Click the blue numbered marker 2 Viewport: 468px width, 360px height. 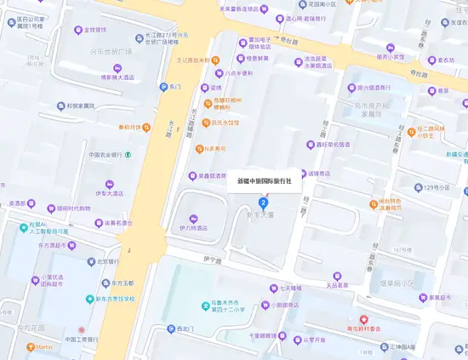[x=263, y=202]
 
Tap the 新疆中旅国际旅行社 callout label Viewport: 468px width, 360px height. [x=264, y=180]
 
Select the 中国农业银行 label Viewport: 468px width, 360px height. [x=106, y=155]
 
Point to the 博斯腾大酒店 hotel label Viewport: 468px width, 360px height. [x=120, y=77]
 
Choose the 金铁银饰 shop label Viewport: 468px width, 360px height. [x=94, y=30]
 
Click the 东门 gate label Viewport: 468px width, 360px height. [x=175, y=87]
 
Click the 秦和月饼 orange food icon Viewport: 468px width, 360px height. [x=146, y=128]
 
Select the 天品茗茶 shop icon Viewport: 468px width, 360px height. [x=336, y=276]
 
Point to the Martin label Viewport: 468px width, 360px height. [x=44, y=346]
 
